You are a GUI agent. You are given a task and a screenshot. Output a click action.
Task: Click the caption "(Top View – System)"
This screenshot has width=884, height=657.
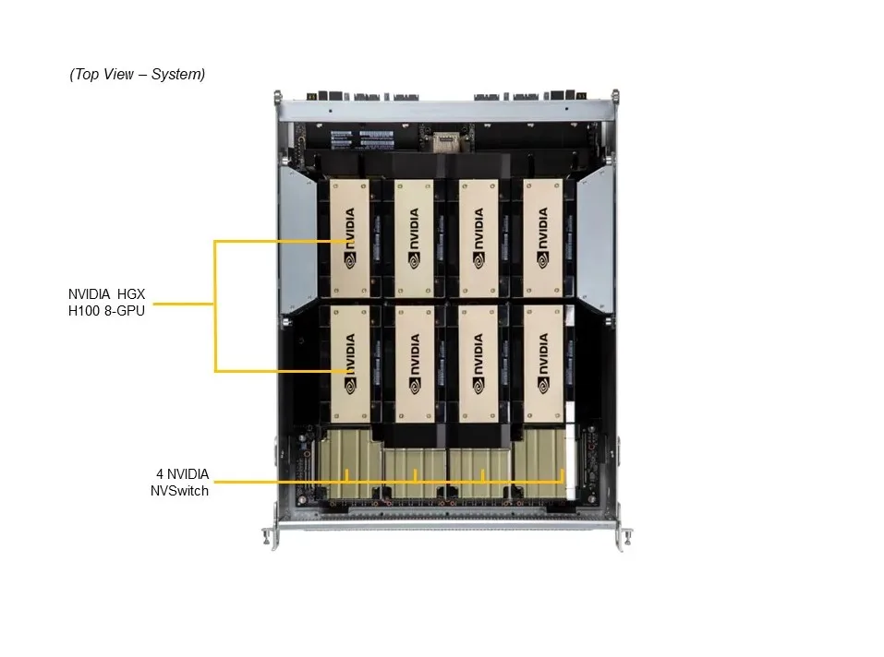137,75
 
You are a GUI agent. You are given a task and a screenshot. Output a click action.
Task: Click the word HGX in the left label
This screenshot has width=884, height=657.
131,293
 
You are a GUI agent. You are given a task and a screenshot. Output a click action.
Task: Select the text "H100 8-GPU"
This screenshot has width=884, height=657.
106,311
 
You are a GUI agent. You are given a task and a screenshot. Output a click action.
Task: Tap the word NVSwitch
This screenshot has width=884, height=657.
179,491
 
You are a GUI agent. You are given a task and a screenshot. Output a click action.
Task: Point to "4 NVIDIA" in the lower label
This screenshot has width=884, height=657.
182,474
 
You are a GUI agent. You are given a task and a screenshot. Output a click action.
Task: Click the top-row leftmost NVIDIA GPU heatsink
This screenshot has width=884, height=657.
349,238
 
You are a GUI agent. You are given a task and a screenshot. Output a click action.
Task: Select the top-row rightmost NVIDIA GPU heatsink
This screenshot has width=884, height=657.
543,238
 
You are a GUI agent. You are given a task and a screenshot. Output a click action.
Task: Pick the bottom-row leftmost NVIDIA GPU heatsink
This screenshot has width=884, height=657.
350,364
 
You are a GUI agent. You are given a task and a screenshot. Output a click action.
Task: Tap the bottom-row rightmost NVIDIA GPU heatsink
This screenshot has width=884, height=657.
544,364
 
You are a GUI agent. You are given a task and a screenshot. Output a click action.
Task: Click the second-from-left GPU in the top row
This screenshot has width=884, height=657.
415,238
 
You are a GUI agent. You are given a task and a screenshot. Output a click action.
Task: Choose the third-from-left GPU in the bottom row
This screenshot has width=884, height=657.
478,364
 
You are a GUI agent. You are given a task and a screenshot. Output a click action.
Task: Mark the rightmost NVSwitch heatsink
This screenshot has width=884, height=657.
539,463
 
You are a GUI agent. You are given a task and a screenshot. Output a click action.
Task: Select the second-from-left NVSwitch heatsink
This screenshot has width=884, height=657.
415,472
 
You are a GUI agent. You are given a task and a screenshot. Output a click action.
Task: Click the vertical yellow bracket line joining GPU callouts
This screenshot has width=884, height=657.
215,306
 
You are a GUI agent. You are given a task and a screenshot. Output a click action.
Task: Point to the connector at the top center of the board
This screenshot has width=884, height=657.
445,141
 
